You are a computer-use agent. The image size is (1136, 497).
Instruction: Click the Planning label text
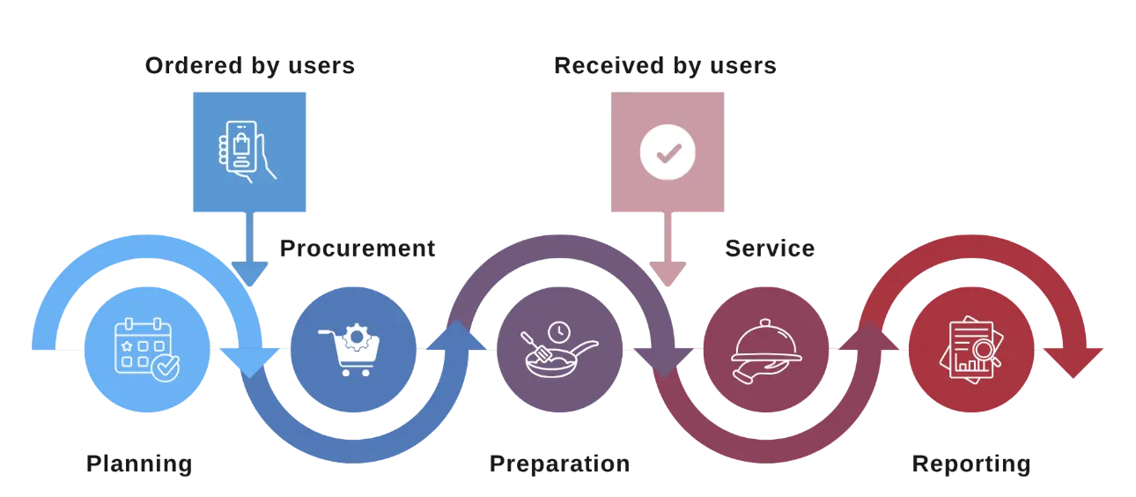click(x=140, y=464)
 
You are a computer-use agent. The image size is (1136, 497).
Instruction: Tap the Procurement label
click(x=358, y=249)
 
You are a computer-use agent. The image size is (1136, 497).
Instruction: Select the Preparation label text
click(x=560, y=464)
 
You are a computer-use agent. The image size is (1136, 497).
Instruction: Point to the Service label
click(x=770, y=249)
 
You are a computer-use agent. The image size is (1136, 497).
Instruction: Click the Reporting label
click(x=970, y=464)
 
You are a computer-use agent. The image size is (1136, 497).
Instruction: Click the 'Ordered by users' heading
click(x=250, y=66)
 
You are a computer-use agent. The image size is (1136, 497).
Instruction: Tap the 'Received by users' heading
click(x=664, y=66)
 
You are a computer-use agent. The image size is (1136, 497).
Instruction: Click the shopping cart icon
click(x=352, y=352)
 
